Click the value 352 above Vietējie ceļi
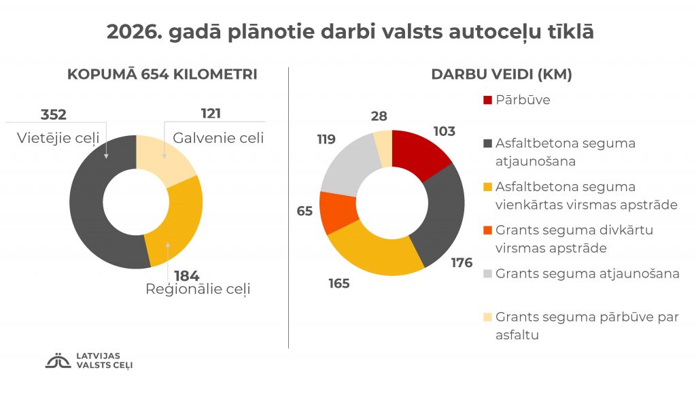[54, 114]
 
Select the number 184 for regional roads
[186, 276]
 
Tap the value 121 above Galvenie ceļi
[211, 114]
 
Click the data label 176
[462, 262]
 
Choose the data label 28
[379, 116]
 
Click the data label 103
[444, 131]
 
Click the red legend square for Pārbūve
[487, 101]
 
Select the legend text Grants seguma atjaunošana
[587, 274]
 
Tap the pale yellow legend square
[487, 318]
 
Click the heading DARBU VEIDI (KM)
[502, 75]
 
